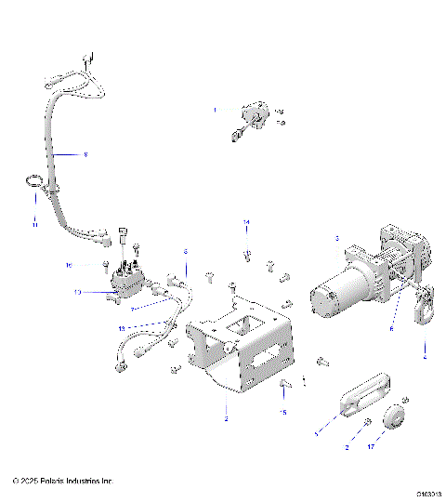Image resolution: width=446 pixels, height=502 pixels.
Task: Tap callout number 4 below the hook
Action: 425,356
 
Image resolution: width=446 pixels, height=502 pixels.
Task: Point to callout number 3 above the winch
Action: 336,239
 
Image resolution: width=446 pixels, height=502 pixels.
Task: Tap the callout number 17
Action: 374,447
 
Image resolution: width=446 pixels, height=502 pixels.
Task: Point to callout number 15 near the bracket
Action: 284,412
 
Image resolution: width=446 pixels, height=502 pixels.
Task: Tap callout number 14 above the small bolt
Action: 247,221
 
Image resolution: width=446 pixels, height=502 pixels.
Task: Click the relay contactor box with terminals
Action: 127,280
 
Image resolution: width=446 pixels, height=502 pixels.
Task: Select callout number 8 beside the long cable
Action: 85,154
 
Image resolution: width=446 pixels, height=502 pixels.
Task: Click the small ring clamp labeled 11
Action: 33,184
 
